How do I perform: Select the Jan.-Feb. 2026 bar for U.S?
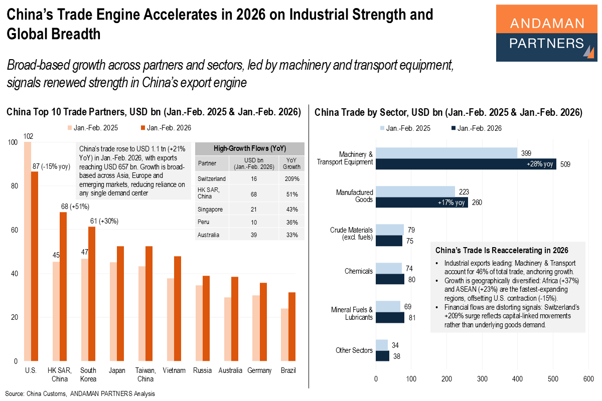pos(35,266)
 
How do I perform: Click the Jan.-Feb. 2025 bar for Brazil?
pos(284,334)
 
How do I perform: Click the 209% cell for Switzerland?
pos(292,178)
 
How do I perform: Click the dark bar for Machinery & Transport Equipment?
pos(466,164)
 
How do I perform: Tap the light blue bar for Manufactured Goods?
pos(415,191)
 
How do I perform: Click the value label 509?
pos(565,164)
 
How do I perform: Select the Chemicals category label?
pos(358,271)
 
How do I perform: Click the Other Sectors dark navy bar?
pos(382,356)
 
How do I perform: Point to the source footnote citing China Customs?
pos(80,393)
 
